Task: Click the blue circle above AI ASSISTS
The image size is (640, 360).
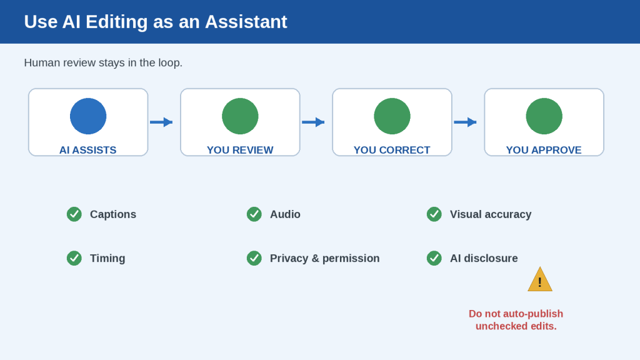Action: click(88, 116)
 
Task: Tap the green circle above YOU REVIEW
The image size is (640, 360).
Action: click(240, 116)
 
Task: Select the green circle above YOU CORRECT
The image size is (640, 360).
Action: click(392, 116)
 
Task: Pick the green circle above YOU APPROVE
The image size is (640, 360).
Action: click(544, 116)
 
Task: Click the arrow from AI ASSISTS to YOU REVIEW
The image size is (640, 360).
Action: click(161, 122)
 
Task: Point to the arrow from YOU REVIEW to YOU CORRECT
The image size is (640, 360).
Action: click(313, 122)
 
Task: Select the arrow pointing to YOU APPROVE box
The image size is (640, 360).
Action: click(465, 122)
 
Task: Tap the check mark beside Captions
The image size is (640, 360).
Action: click(74, 214)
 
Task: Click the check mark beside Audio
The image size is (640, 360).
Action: click(254, 214)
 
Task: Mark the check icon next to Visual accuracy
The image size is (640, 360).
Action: click(434, 214)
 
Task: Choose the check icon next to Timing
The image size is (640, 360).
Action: click(74, 258)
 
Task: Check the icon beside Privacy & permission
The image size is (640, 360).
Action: click(254, 258)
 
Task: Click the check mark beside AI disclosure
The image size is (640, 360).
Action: click(434, 258)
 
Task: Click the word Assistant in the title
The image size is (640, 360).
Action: click(246, 22)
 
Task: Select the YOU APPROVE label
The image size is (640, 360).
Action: click(544, 150)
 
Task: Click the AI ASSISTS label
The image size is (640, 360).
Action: click(87, 150)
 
